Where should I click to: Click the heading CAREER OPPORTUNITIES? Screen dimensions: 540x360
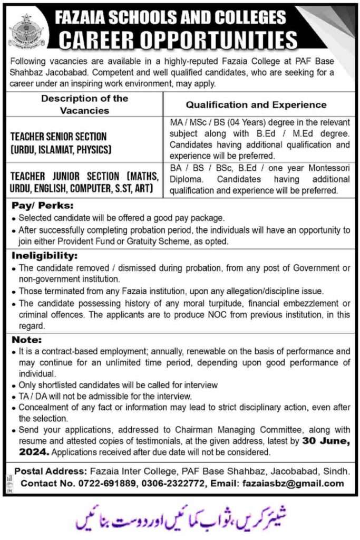click(178, 40)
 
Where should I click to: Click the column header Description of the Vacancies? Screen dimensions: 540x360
click(84, 104)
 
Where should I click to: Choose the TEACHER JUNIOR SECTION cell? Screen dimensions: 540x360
click(83, 180)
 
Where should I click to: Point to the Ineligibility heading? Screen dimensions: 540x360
click(42, 255)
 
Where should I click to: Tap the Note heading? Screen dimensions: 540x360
click(26, 340)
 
